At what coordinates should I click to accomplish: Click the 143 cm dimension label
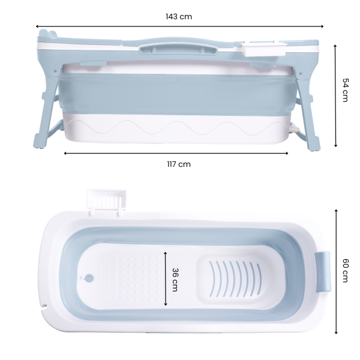click(x=179, y=17)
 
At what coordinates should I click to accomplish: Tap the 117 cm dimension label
click(x=179, y=164)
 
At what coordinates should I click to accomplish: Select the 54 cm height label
click(x=346, y=90)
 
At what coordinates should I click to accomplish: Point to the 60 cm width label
click(x=346, y=271)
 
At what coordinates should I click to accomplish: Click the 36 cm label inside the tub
click(x=175, y=280)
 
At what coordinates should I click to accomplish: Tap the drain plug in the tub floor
click(x=89, y=278)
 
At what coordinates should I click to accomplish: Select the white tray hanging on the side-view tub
click(x=264, y=49)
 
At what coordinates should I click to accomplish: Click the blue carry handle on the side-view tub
click(x=178, y=49)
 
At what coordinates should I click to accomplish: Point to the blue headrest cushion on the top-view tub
click(x=323, y=272)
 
